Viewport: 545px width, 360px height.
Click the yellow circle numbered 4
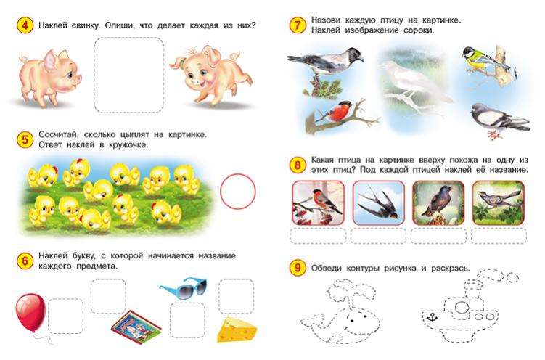click(25, 25)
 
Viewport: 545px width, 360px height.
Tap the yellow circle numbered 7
click(298, 25)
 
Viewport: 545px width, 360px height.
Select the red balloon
click(30, 312)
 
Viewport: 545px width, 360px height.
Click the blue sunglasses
click(183, 288)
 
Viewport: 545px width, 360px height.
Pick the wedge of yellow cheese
click(237, 330)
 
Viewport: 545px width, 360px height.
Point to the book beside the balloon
click(136, 327)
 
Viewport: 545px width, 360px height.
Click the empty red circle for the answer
click(238, 192)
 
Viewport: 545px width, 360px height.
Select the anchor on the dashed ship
click(432, 317)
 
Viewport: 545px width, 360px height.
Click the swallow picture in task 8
click(379, 202)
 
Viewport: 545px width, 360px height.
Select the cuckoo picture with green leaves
click(499, 202)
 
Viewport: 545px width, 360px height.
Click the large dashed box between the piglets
click(129, 75)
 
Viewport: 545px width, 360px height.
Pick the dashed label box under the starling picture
click(438, 237)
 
